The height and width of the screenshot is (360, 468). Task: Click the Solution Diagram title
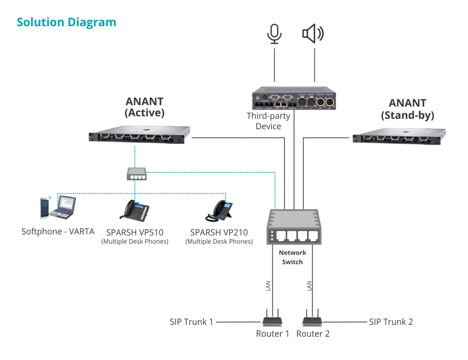coord(66,22)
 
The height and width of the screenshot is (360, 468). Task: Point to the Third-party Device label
coord(268,121)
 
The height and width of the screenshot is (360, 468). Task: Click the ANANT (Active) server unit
coord(140,136)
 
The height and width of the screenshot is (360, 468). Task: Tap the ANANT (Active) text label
coord(144,107)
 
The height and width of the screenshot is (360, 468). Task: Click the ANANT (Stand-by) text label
coord(407,109)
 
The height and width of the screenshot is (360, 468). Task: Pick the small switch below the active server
coord(136,173)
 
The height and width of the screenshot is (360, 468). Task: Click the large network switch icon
coord(292,227)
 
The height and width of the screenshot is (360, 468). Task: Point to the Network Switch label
coord(292,257)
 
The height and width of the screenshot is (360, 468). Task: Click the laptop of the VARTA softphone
coord(64,206)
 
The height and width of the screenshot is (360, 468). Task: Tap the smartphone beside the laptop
coord(44,208)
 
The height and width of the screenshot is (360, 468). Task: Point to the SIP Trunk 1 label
coord(191,322)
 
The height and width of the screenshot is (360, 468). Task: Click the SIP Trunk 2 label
coord(391,322)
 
